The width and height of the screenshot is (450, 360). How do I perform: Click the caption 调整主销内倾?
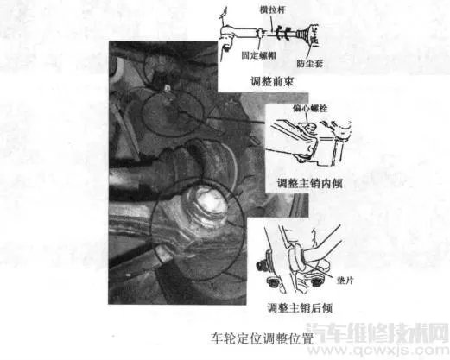pyautogui.click(x=302, y=182)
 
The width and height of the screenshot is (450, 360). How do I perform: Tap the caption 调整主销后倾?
pyautogui.click(x=302, y=307)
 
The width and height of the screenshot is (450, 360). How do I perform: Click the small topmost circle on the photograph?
pyautogui.click(x=157, y=61)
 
